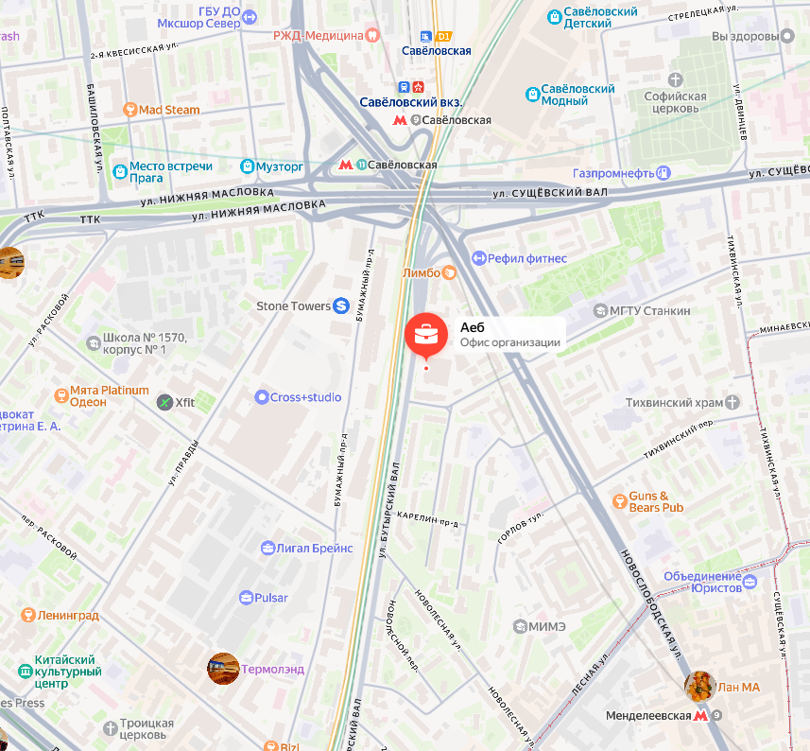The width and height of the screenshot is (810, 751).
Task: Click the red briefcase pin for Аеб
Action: pyautogui.click(x=427, y=334)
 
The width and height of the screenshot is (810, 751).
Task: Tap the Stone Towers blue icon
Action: pyautogui.click(x=341, y=306)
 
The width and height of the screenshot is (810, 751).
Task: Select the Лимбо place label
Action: pyautogui.click(x=422, y=272)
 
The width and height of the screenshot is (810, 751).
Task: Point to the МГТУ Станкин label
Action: pyautogui.click(x=649, y=310)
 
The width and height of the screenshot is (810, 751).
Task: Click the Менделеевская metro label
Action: pyautogui.click(x=648, y=716)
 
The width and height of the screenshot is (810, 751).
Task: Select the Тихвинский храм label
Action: pyautogui.click(x=674, y=403)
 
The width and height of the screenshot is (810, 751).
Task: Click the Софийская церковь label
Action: pyautogui.click(x=675, y=101)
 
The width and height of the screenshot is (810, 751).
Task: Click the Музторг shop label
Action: pyautogui.click(x=280, y=166)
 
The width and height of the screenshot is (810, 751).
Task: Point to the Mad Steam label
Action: pyautogui.click(x=169, y=110)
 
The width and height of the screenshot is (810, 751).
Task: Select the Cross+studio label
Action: pyautogui.click(x=305, y=397)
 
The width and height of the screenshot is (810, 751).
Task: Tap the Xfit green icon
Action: pyautogui.click(x=165, y=402)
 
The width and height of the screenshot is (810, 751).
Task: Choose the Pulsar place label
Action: pyautogui.click(x=272, y=598)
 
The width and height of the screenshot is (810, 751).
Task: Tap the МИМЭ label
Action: pyautogui.click(x=547, y=626)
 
